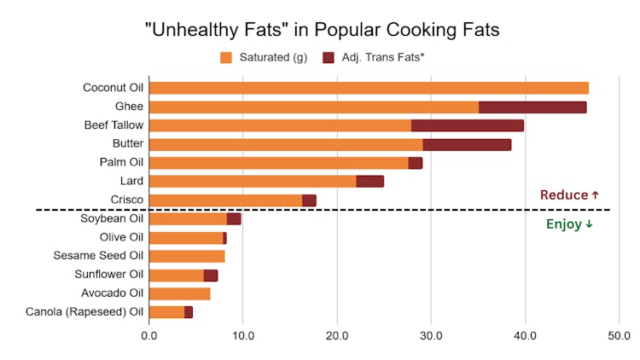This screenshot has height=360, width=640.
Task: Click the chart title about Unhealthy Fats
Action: point(320,29)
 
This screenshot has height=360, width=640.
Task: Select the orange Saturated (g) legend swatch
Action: point(226,58)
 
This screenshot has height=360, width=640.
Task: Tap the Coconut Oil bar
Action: point(369,89)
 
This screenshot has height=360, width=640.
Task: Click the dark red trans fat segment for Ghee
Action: point(532,107)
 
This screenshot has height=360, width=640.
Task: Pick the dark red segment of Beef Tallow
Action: point(467,125)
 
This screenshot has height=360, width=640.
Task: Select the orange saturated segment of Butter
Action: point(286,144)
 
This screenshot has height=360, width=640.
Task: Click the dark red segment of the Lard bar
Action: point(369,181)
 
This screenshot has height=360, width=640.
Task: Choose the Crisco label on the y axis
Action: point(127,200)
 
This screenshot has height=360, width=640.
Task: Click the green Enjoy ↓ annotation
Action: point(569,224)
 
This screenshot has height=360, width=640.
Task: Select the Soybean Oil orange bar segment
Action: point(188,219)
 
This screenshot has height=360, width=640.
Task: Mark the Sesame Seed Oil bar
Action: point(187,256)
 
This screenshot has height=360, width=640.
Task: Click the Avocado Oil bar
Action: point(179,293)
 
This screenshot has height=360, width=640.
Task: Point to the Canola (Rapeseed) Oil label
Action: point(84,312)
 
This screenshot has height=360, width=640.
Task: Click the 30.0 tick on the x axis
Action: point(431,335)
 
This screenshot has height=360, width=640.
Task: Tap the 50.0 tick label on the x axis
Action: point(619,335)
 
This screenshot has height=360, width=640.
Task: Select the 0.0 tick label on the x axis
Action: point(149,335)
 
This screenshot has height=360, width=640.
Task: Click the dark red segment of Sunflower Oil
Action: point(211,275)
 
